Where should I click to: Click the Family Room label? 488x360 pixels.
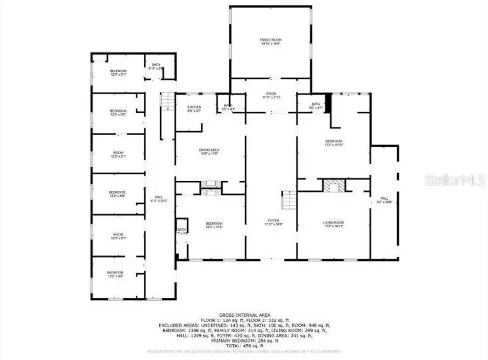coord(270,43)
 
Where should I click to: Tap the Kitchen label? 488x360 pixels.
coord(194,108)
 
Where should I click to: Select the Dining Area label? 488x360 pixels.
coord(209,152)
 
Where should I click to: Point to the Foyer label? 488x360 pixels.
coord(274,222)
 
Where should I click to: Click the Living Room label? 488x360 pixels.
coord(333,223)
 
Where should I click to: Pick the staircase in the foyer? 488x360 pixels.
coord(288,199)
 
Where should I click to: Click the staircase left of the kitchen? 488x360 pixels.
coord(166,106)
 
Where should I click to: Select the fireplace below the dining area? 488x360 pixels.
coord(210,187)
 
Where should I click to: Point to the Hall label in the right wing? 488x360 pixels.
coord(384,199)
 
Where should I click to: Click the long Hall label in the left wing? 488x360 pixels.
coord(159,198)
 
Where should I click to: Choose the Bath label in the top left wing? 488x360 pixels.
coord(155,66)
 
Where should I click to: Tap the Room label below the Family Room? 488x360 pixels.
coord(271,96)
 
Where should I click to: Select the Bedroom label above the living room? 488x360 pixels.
coord(333,142)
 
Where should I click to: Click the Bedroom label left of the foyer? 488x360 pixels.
coord(213,224)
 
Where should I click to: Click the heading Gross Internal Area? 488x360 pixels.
coord(244,315)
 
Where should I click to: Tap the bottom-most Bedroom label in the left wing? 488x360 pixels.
coord(117,273)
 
